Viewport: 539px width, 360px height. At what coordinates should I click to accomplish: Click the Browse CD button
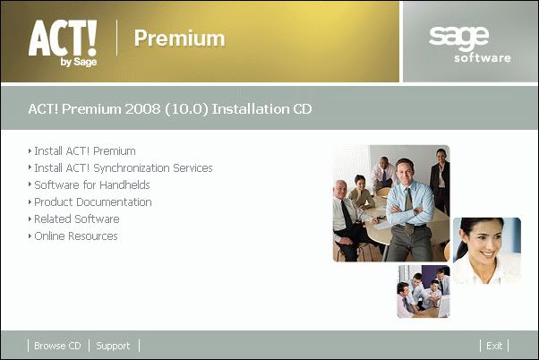tap(57, 346)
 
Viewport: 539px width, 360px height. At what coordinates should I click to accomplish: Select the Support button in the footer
tap(113, 346)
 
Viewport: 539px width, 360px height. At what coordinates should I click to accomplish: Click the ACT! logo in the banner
tap(63, 42)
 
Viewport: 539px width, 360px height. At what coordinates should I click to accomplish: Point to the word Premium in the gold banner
tap(179, 38)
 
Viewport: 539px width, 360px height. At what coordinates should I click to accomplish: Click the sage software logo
tap(470, 45)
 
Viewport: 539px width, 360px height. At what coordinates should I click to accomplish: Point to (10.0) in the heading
tap(186, 109)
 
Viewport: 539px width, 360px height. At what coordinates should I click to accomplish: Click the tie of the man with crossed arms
tap(408, 210)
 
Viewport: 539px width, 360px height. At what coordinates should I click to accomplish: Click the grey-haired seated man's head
tap(341, 190)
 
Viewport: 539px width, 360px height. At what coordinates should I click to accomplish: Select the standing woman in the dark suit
tap(441, 181)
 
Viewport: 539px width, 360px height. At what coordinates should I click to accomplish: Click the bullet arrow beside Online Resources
tap(30, 236)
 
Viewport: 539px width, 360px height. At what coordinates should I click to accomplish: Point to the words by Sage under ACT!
tap(79, 62)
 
